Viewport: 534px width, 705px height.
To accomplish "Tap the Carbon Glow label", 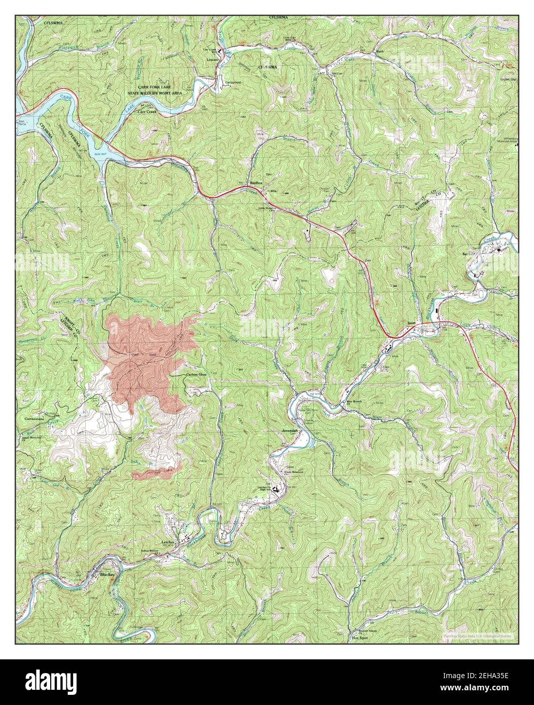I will (196, 375).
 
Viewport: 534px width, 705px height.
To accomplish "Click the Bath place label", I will (380, 52).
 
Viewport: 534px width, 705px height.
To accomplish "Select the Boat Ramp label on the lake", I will (22, 123).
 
